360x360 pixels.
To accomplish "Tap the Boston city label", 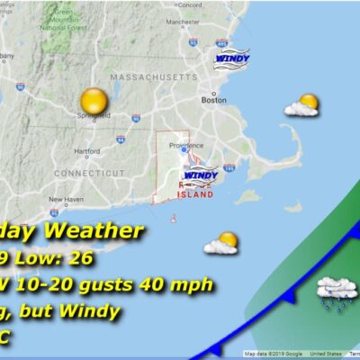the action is pyautogui.click(x=214, y=101).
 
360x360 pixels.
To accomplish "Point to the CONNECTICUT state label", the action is pyautogui.click(x=91, y=172).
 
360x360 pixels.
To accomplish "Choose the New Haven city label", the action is pyautogui.click(x=66, y=200).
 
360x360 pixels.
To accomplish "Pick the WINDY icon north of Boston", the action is pyautogui.click(x=232, y=58).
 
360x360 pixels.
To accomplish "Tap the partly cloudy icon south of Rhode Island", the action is pyautogui.click(x=221, y=243).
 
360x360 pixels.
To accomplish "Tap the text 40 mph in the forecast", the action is pyautogui.click(x=181, y=285).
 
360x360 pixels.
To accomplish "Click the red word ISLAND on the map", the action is pyautogui.click(x=195, y=193).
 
